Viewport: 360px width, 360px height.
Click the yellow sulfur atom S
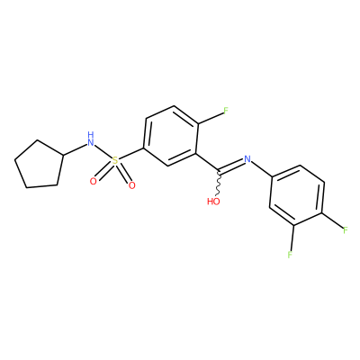[115, 161]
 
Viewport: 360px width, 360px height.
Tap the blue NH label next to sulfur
[91, 139]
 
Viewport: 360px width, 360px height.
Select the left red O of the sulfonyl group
[94, 181]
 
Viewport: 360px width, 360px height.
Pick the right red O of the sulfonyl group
[131, 185]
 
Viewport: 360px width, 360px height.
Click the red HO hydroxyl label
[213, 202]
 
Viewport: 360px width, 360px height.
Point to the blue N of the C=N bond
[247, 159]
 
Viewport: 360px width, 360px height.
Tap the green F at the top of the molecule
[226, 111]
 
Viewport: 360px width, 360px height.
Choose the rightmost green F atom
[346, 230]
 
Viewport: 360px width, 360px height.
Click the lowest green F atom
[290, 255]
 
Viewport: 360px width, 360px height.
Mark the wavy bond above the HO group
[219, 184]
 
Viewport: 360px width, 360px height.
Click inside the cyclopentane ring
[39, 166]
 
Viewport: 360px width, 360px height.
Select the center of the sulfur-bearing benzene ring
[170, 136]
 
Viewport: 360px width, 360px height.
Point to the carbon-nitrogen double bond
[231, 166]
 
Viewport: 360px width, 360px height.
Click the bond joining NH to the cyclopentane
[75, 149]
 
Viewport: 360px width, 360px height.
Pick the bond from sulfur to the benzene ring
[131, 154]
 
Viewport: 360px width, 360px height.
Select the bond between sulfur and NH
[103, 152]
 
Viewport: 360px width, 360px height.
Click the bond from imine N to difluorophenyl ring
[261, 170]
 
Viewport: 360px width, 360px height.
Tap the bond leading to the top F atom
[210, 118]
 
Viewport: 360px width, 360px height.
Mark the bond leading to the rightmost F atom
[333, 220]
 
